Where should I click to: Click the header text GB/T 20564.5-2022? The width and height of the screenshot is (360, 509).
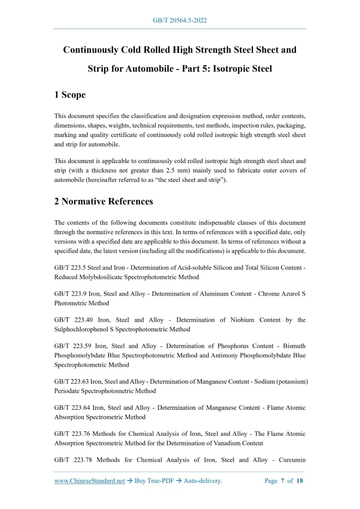coord(180,20)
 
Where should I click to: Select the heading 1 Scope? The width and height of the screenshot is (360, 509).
coord(70,95)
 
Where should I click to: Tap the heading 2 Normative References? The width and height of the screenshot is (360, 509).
coord(104,201)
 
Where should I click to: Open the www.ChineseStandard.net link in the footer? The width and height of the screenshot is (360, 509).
coord(90,481)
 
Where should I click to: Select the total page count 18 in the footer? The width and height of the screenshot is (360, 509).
coord(300,481)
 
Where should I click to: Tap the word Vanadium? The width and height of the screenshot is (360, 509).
coord(221,443)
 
